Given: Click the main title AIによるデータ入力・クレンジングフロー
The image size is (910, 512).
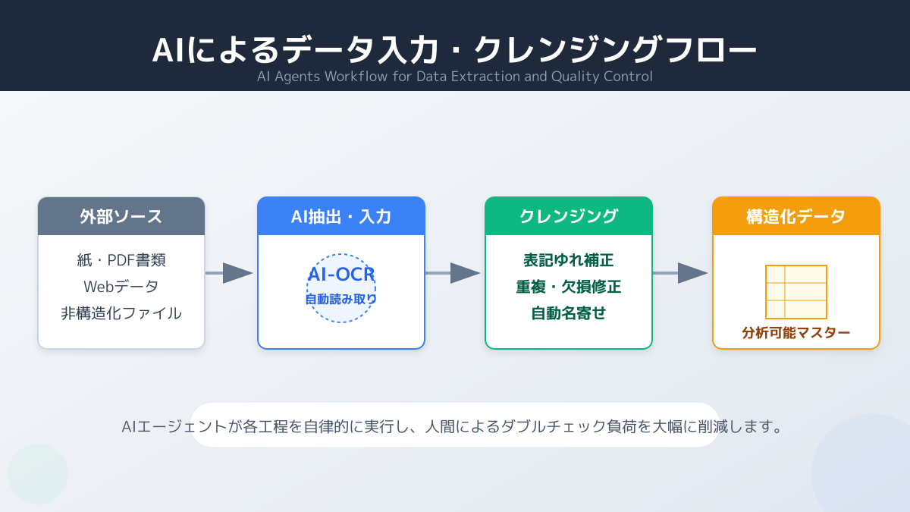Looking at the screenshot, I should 454,50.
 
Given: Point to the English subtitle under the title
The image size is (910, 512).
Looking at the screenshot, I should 454,77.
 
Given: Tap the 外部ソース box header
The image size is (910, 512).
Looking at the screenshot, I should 121,216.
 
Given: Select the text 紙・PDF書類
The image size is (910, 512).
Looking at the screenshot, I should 121,260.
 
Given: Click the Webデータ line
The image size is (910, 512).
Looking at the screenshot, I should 121,287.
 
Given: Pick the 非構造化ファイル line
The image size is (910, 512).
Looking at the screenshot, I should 121,313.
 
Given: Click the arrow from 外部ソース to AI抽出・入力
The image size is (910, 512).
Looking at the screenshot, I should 230,273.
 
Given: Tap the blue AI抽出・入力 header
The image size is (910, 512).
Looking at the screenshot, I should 341,216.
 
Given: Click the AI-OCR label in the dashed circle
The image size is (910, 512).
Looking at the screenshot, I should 341,275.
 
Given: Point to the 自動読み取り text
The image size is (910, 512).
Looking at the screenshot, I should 341,299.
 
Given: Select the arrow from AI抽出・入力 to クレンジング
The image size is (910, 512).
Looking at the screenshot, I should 453,273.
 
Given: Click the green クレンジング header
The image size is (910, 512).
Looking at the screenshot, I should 569,216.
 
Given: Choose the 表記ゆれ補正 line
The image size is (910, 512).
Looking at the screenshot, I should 569,260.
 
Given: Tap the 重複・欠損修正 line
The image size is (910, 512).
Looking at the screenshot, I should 569,287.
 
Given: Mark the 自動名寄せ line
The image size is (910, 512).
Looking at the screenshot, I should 569,313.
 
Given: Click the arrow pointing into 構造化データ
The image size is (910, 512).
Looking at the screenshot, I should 681,273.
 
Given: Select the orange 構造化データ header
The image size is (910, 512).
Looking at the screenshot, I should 796,216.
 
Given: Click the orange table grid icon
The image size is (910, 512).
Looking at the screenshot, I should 796,292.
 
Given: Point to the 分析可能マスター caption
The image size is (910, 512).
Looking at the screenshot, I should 796,332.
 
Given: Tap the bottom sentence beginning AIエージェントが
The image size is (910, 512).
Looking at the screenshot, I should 453,426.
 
